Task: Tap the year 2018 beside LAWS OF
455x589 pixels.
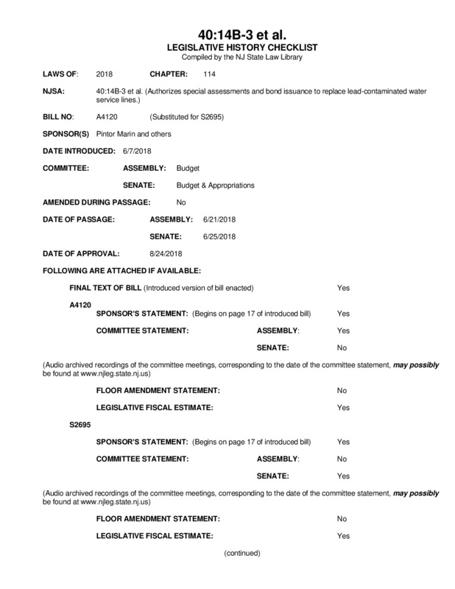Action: [x=105, y=75]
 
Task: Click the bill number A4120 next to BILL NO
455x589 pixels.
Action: [x=107, y=117]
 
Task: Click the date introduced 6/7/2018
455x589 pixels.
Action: [x=136, y=151]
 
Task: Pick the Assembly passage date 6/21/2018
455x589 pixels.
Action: [x=219, y=219]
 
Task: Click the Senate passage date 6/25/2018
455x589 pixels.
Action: [x=219, y=236]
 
